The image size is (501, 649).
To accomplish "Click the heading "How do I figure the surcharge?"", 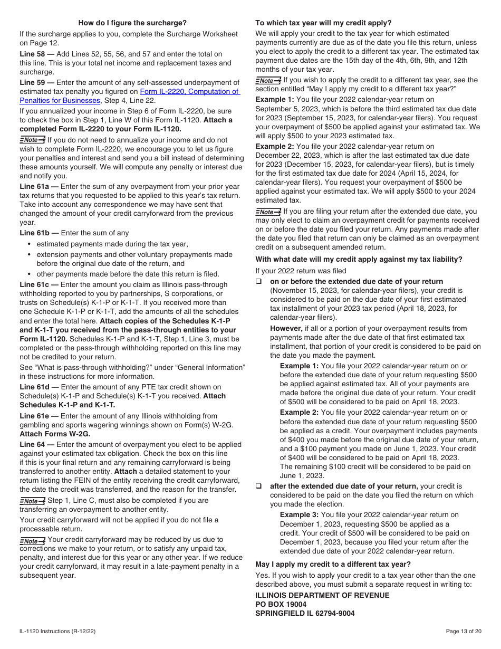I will click(132, 23).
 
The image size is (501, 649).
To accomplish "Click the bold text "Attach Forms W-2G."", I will click(55, 434).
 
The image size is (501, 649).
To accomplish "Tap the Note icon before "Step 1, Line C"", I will click(32, 501).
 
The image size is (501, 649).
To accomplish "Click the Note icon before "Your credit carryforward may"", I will click(32, 540).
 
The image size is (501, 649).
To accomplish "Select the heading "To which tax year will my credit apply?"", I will click(323, 23).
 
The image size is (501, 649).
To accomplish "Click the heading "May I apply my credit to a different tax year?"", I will click(333, 564).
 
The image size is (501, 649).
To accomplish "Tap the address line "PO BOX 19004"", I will click(281, 604).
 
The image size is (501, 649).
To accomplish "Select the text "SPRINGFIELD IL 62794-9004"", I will click(305, 613).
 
